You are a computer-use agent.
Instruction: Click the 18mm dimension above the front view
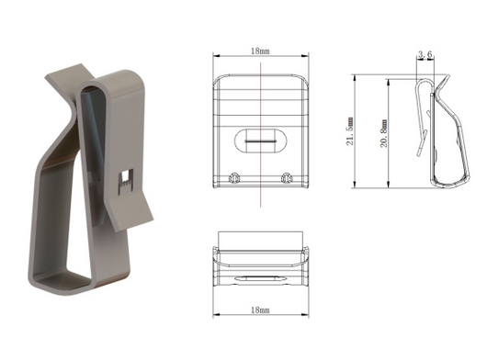coord(260,51)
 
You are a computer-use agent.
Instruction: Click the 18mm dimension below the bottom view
coord(260,309)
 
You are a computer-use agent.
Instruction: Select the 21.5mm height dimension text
coord(350,131)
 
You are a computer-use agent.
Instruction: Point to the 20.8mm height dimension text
coord(384,133)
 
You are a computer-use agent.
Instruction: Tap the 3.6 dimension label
coord(425,54)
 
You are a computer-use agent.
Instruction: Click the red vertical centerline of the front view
coord(261,134)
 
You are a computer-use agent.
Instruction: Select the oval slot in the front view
coord(260,141)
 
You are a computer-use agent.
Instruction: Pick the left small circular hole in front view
coord(234,178)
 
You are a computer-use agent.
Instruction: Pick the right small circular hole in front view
coord(288,178)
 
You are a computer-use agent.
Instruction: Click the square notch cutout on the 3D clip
coord(126,182)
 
